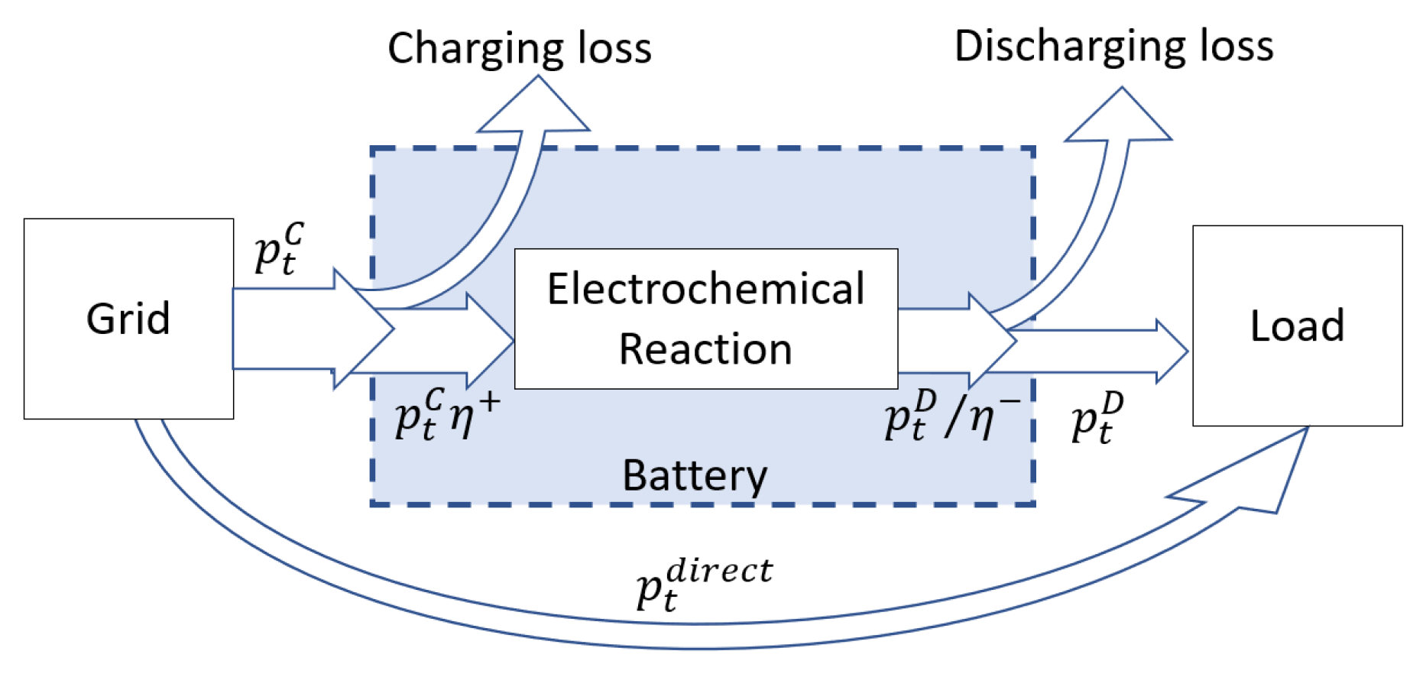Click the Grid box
click(128, 319)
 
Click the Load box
click(1297, 326)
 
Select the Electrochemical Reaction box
click(705, 319)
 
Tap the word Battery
click(695, 475)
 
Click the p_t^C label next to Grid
click(279, 248)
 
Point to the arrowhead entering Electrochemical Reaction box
click(493, 340)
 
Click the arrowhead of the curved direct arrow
click(1261, 474)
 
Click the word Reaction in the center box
click(705, 350)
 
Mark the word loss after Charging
click(614, 49)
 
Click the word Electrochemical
click(705, 290)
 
